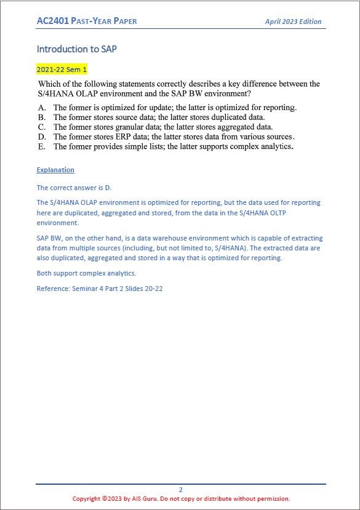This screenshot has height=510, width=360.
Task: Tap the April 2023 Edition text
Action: click(x=293, y=22)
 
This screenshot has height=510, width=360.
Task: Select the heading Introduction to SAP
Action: click(x=76, y=49)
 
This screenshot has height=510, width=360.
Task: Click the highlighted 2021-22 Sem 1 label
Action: click(x=62, y=70)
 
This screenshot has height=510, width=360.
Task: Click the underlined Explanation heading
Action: click(x=55, y=170)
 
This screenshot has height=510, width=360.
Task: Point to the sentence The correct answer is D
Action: click(x=74, y=188)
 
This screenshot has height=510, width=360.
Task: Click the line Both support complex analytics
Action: click(x=86, y=273)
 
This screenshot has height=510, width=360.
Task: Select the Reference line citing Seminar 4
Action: click(x=100, y=289)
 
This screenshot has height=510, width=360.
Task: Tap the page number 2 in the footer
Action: click(x=181, y=490)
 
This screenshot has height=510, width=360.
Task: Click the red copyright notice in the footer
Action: click(x=181, y=499)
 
